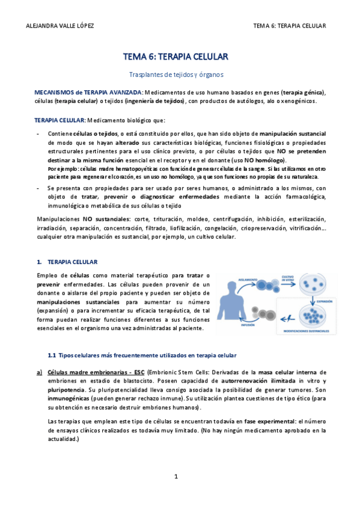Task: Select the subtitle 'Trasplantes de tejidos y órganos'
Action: pos(176,75)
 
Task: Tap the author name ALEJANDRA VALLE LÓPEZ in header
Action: pos(61,26)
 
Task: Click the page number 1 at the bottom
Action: pos(176,476)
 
